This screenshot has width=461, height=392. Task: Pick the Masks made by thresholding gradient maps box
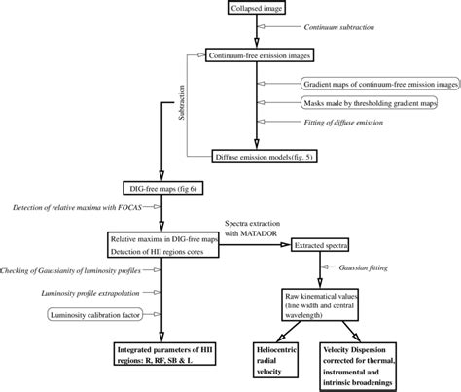(x=373, y=102)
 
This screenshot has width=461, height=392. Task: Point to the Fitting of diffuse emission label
(x=354, y=123)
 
